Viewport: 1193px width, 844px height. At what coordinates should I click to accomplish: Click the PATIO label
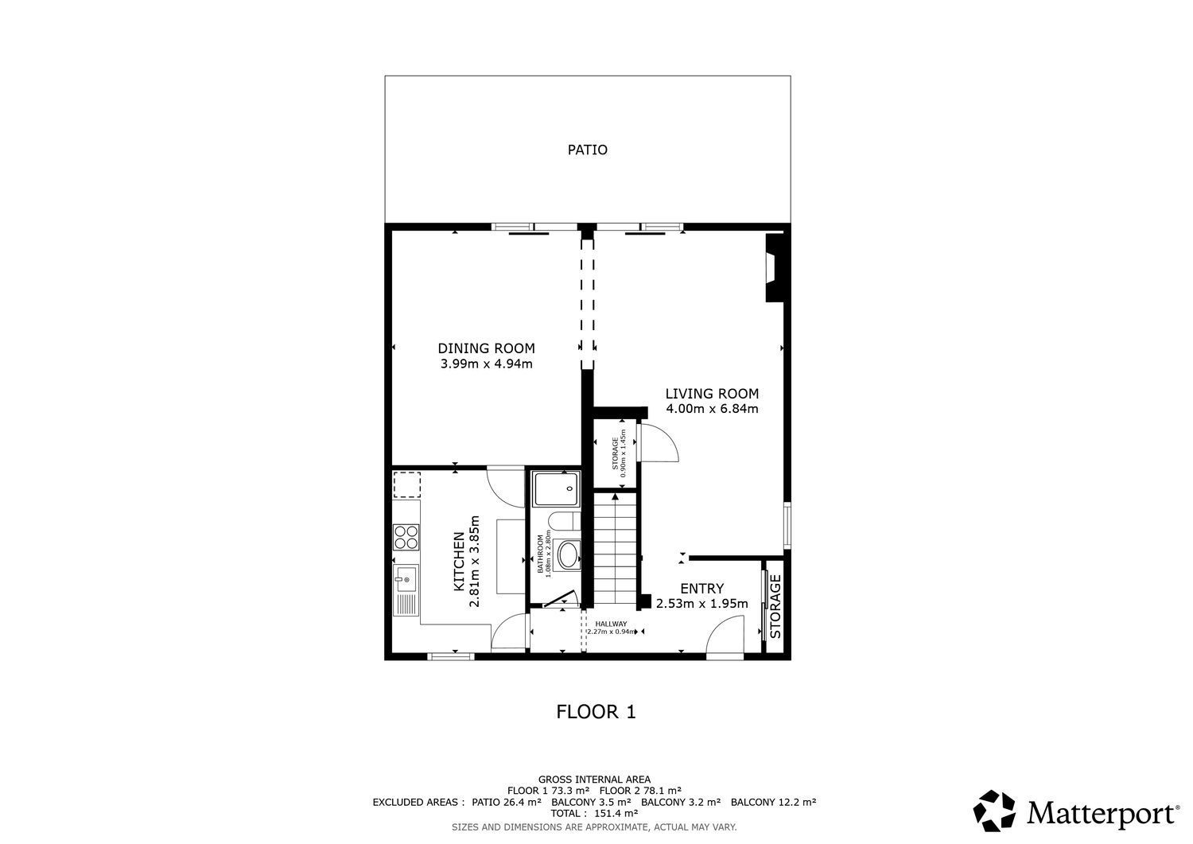click(x=587, y=150)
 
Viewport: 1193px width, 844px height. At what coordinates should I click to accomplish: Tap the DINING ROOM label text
click(x=486, y=348)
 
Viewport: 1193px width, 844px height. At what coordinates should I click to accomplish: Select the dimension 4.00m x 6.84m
click(x=712, y=409)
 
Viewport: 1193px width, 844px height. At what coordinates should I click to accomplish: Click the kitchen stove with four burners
click(x=406, y=537)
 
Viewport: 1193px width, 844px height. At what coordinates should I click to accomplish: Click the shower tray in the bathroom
click(x=556, y=488)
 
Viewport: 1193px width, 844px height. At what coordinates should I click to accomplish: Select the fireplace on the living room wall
click(x=774, y=267)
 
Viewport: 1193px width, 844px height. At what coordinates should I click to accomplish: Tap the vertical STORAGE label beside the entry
click(x=775, y=607)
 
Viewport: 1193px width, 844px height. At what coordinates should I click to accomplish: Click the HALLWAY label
click(x=611, y=624)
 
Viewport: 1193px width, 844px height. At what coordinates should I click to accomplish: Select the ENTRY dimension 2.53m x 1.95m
click(x=702, y=604)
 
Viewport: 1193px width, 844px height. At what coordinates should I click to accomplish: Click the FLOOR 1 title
click(x=596, y=712)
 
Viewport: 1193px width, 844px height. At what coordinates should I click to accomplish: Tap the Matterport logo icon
click(x=994, y=811)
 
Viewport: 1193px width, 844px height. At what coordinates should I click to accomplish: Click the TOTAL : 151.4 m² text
click(x=594, y=813)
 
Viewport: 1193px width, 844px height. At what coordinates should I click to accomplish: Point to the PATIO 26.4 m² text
click(x=507, y=802)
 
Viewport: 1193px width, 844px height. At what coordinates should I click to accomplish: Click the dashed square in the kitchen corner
click(x=407, y=485)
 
